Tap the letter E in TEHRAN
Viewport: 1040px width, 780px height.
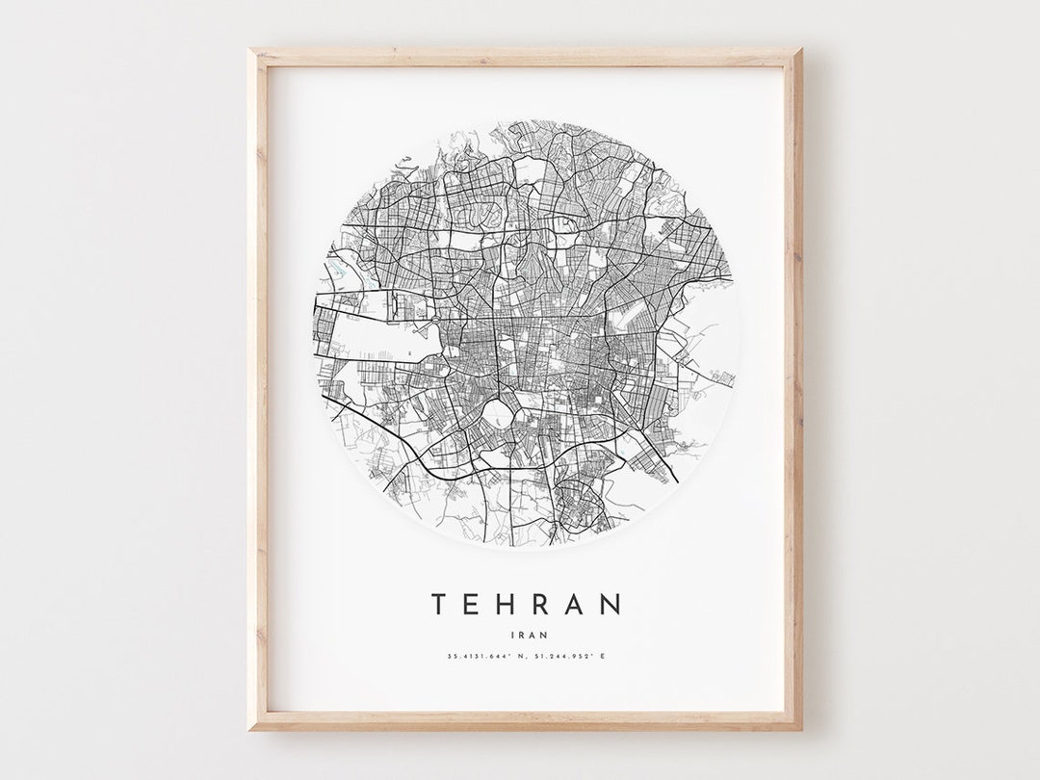473,605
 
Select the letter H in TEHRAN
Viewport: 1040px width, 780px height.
507,605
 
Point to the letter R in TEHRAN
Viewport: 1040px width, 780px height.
543,605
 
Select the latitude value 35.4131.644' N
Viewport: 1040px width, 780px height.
485,658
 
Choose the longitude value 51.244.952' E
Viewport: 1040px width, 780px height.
569,658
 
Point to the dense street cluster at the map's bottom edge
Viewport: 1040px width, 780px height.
582,506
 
